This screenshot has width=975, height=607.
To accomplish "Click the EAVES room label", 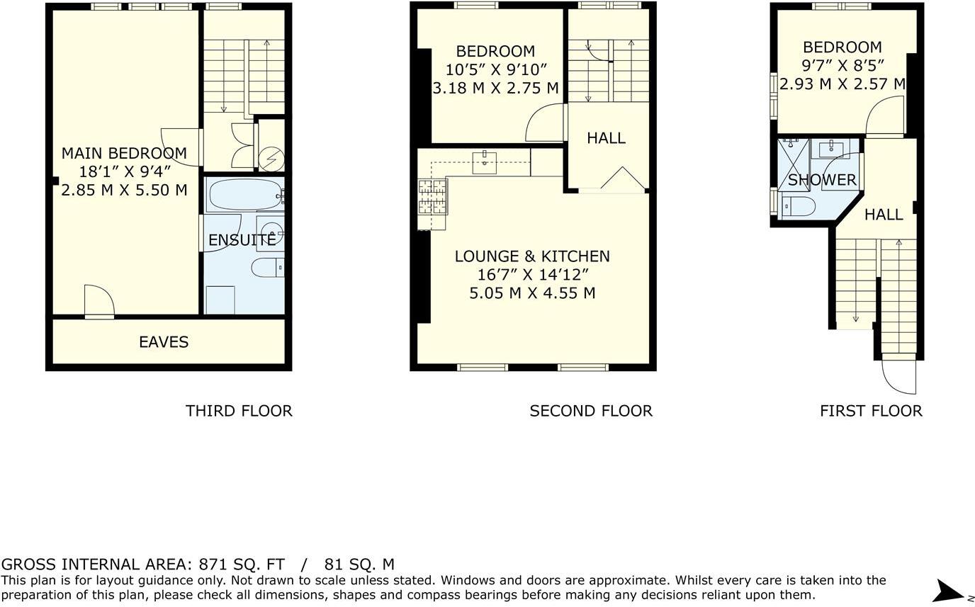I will coord(164,342).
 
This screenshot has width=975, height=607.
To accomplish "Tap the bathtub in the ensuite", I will coord(243,194).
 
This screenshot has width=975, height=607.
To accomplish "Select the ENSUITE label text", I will coord(242,240).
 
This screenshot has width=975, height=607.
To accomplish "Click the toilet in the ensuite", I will coord(267,268).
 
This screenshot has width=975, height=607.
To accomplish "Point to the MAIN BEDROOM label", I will coord(124,153).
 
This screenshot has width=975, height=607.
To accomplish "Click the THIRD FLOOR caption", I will coord(238,411).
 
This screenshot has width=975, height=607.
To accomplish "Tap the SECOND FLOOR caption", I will coord(590,411).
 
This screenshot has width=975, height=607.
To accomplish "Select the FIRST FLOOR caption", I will coord(871,411).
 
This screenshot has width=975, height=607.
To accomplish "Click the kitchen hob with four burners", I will coord(433,196).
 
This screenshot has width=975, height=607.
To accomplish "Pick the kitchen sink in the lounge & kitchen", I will coord(485,162).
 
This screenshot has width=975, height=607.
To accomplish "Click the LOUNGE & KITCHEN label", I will coord(532,256).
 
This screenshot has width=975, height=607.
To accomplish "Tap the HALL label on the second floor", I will coord(606,138).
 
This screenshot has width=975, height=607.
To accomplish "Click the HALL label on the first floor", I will coord(884,215).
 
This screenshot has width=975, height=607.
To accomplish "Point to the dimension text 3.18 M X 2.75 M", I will coord(495,89).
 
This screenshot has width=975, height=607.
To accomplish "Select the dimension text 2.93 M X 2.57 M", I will coord(842,84).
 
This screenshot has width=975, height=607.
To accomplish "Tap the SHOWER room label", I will coord(822,180).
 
